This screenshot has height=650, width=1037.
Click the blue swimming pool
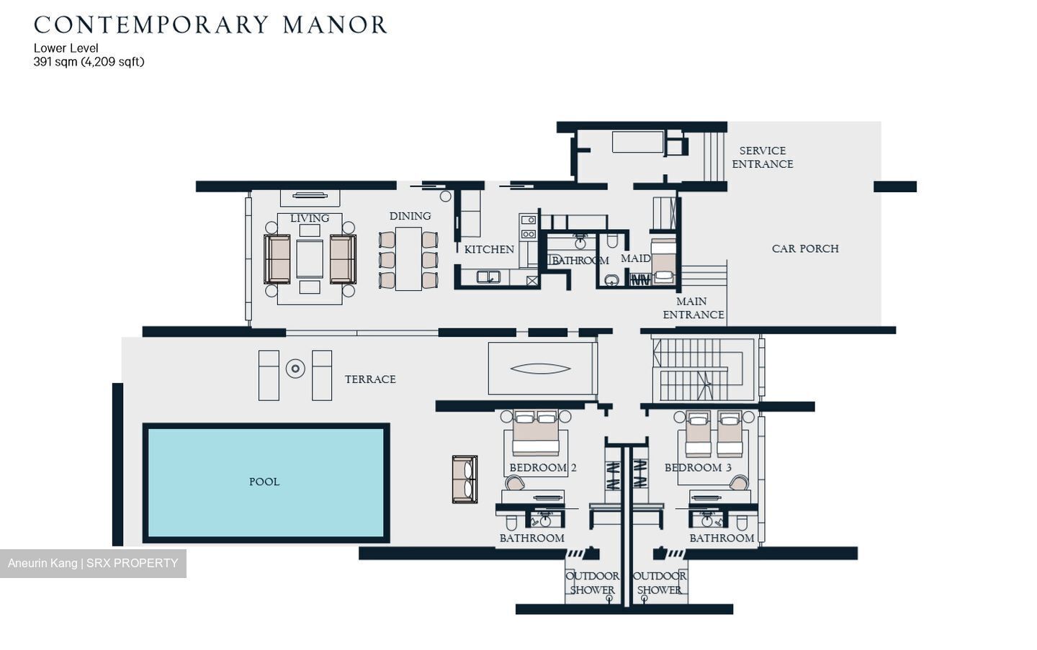click(x=266, y=483)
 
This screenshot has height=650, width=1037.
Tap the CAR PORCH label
click(x=804, y=249)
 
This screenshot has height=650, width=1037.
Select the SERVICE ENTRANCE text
click(x=762, y=158)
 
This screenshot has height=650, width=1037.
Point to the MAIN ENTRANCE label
click(x=693, y=308)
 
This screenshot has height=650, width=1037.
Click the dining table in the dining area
click(x=408, y=259)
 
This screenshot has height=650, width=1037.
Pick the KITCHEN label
click(x=489, y=250)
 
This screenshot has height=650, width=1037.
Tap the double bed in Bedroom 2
click(x=535, y=435)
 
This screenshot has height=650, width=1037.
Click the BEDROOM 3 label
click(x=697, y=468)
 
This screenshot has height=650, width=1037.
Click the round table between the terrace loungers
click(x=295, y=369)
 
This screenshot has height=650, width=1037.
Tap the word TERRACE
click(x=370, y=379)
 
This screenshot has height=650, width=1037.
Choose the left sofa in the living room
click(x=277, y=259)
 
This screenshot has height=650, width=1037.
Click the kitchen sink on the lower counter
click(x=488, y=276)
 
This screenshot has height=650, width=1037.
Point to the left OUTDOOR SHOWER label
click(x=592, y=583)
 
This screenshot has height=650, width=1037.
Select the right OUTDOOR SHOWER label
click(x=659, y=583)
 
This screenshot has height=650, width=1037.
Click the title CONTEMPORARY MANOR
click(x=210, y=25)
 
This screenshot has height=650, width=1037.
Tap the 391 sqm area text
click(x=89, y=62)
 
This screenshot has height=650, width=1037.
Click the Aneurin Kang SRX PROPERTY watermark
click(x=93, y=563)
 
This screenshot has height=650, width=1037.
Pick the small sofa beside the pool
click(x=464, y=479)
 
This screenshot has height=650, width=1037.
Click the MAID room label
click(x=635, y=258)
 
